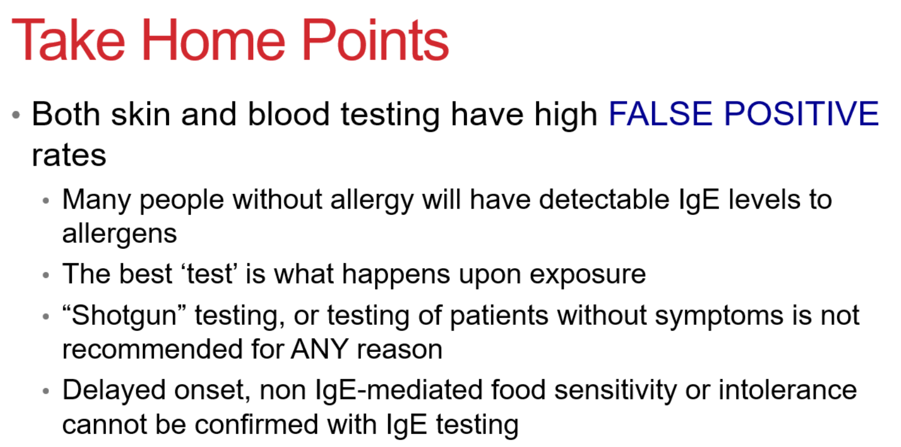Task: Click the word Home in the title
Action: (213, 40)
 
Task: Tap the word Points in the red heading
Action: (375, 40)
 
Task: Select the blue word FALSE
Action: (660, 113)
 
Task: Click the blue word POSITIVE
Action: (801, 113)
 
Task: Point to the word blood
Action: (289, 113)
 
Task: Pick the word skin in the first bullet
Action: (141, 113)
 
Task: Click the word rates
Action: (69, 155)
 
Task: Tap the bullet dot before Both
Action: (16, 115)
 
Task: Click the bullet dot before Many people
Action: (46, 201)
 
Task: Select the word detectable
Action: (604, 199)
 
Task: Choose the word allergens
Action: (120, 233)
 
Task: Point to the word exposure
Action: (588, 275)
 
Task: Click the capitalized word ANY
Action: (320, 349)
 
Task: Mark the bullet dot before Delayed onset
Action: (46, 391)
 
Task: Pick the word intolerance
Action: (788, 390)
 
